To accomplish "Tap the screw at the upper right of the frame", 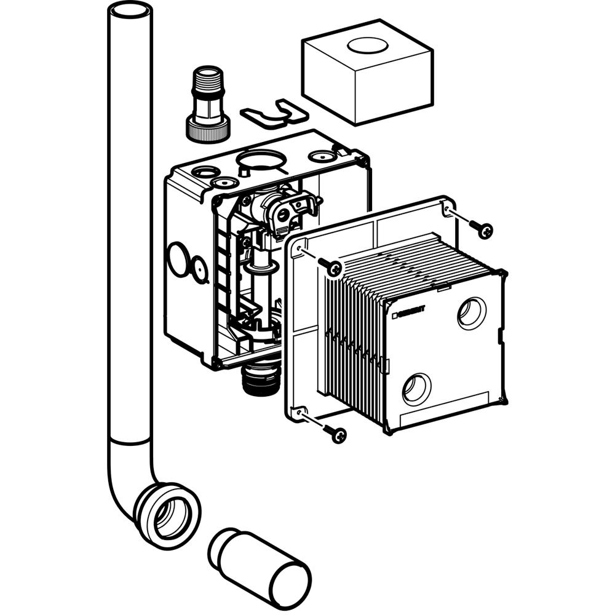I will (x=484, y=231).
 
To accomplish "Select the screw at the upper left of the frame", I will (x=334, y=268).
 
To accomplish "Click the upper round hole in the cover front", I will (x=472, y=312).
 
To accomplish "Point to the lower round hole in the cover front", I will (x=417, y=388).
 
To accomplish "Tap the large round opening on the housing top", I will (x=261, y=161).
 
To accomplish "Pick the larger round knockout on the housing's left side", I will (x=179, y=259).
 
